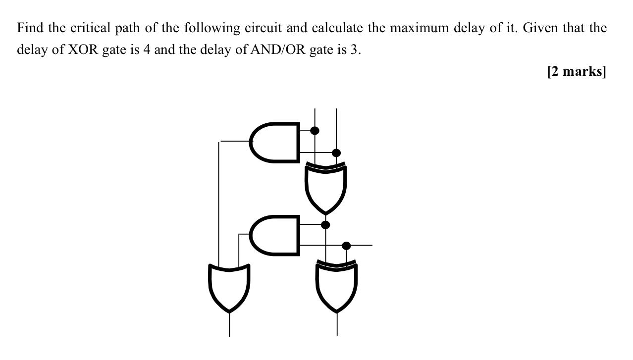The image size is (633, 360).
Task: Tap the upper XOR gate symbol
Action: pos(325,187)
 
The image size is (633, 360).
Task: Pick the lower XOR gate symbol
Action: pos(337,286)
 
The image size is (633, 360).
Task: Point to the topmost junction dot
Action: pos(315,131)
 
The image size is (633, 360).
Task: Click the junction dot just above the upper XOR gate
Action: pos(336,153)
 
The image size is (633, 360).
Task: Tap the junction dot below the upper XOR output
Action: pos(325,225)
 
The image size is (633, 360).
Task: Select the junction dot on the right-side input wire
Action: pos(347,246)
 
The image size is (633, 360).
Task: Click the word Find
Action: pos(30,28)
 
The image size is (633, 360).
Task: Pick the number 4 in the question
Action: pos(147,50)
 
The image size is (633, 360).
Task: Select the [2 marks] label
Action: pos(577,72)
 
